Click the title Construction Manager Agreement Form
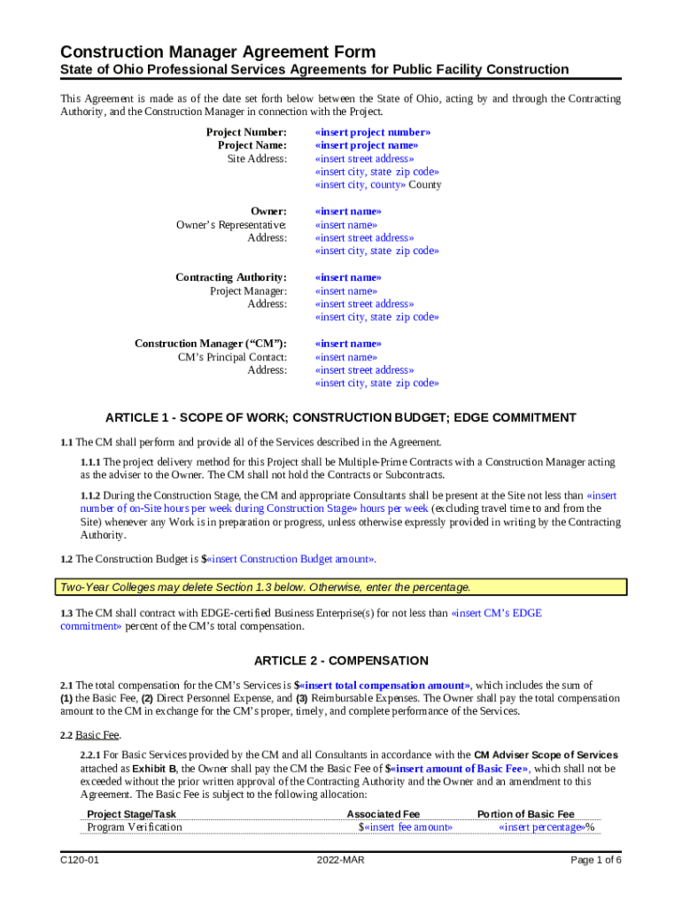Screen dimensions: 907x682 [x=218, y=51]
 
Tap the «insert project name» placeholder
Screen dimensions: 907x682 [x=367, y=145]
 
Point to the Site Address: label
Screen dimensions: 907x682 [x=257, y=159]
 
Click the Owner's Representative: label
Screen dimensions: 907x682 [x=231, y=225]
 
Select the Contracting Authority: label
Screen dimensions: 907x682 [x=231, y=277]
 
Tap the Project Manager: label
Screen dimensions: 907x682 [x=248, y=291]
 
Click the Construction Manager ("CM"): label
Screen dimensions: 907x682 [x=211, y=344]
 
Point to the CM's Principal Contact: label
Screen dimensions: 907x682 [x=232, y=357]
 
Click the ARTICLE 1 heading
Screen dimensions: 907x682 [x=341, y=418]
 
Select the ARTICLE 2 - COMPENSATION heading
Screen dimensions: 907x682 [x=341, y=661]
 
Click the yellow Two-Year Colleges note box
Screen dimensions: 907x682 [x=341, y=587]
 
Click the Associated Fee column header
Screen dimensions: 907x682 [x=384, y=814]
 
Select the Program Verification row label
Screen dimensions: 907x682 [x=135, y=827]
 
